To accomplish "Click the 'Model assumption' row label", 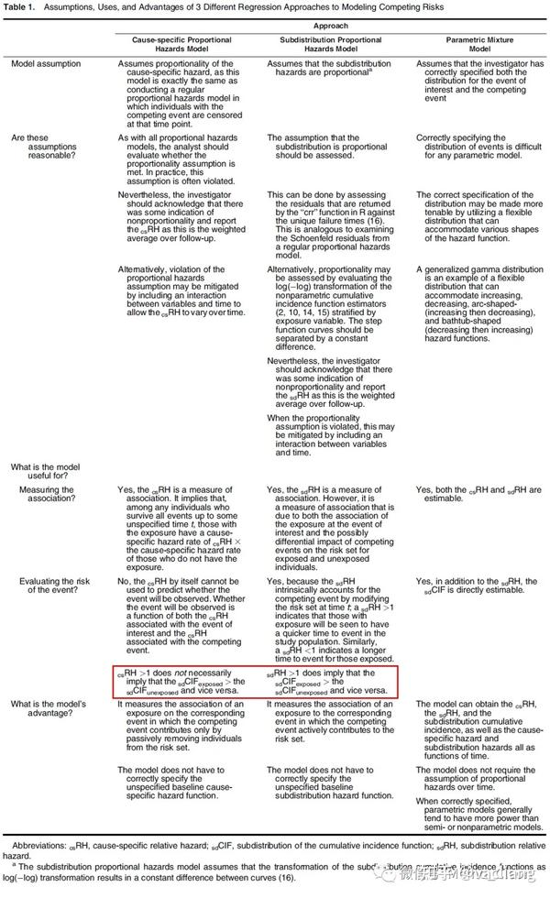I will point(43,63).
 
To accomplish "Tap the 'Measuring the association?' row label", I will point(43,496).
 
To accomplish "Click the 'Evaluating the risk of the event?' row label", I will point(43,586).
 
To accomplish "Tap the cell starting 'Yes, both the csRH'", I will point(478,496).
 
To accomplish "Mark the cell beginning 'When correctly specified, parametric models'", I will point(480,810).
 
